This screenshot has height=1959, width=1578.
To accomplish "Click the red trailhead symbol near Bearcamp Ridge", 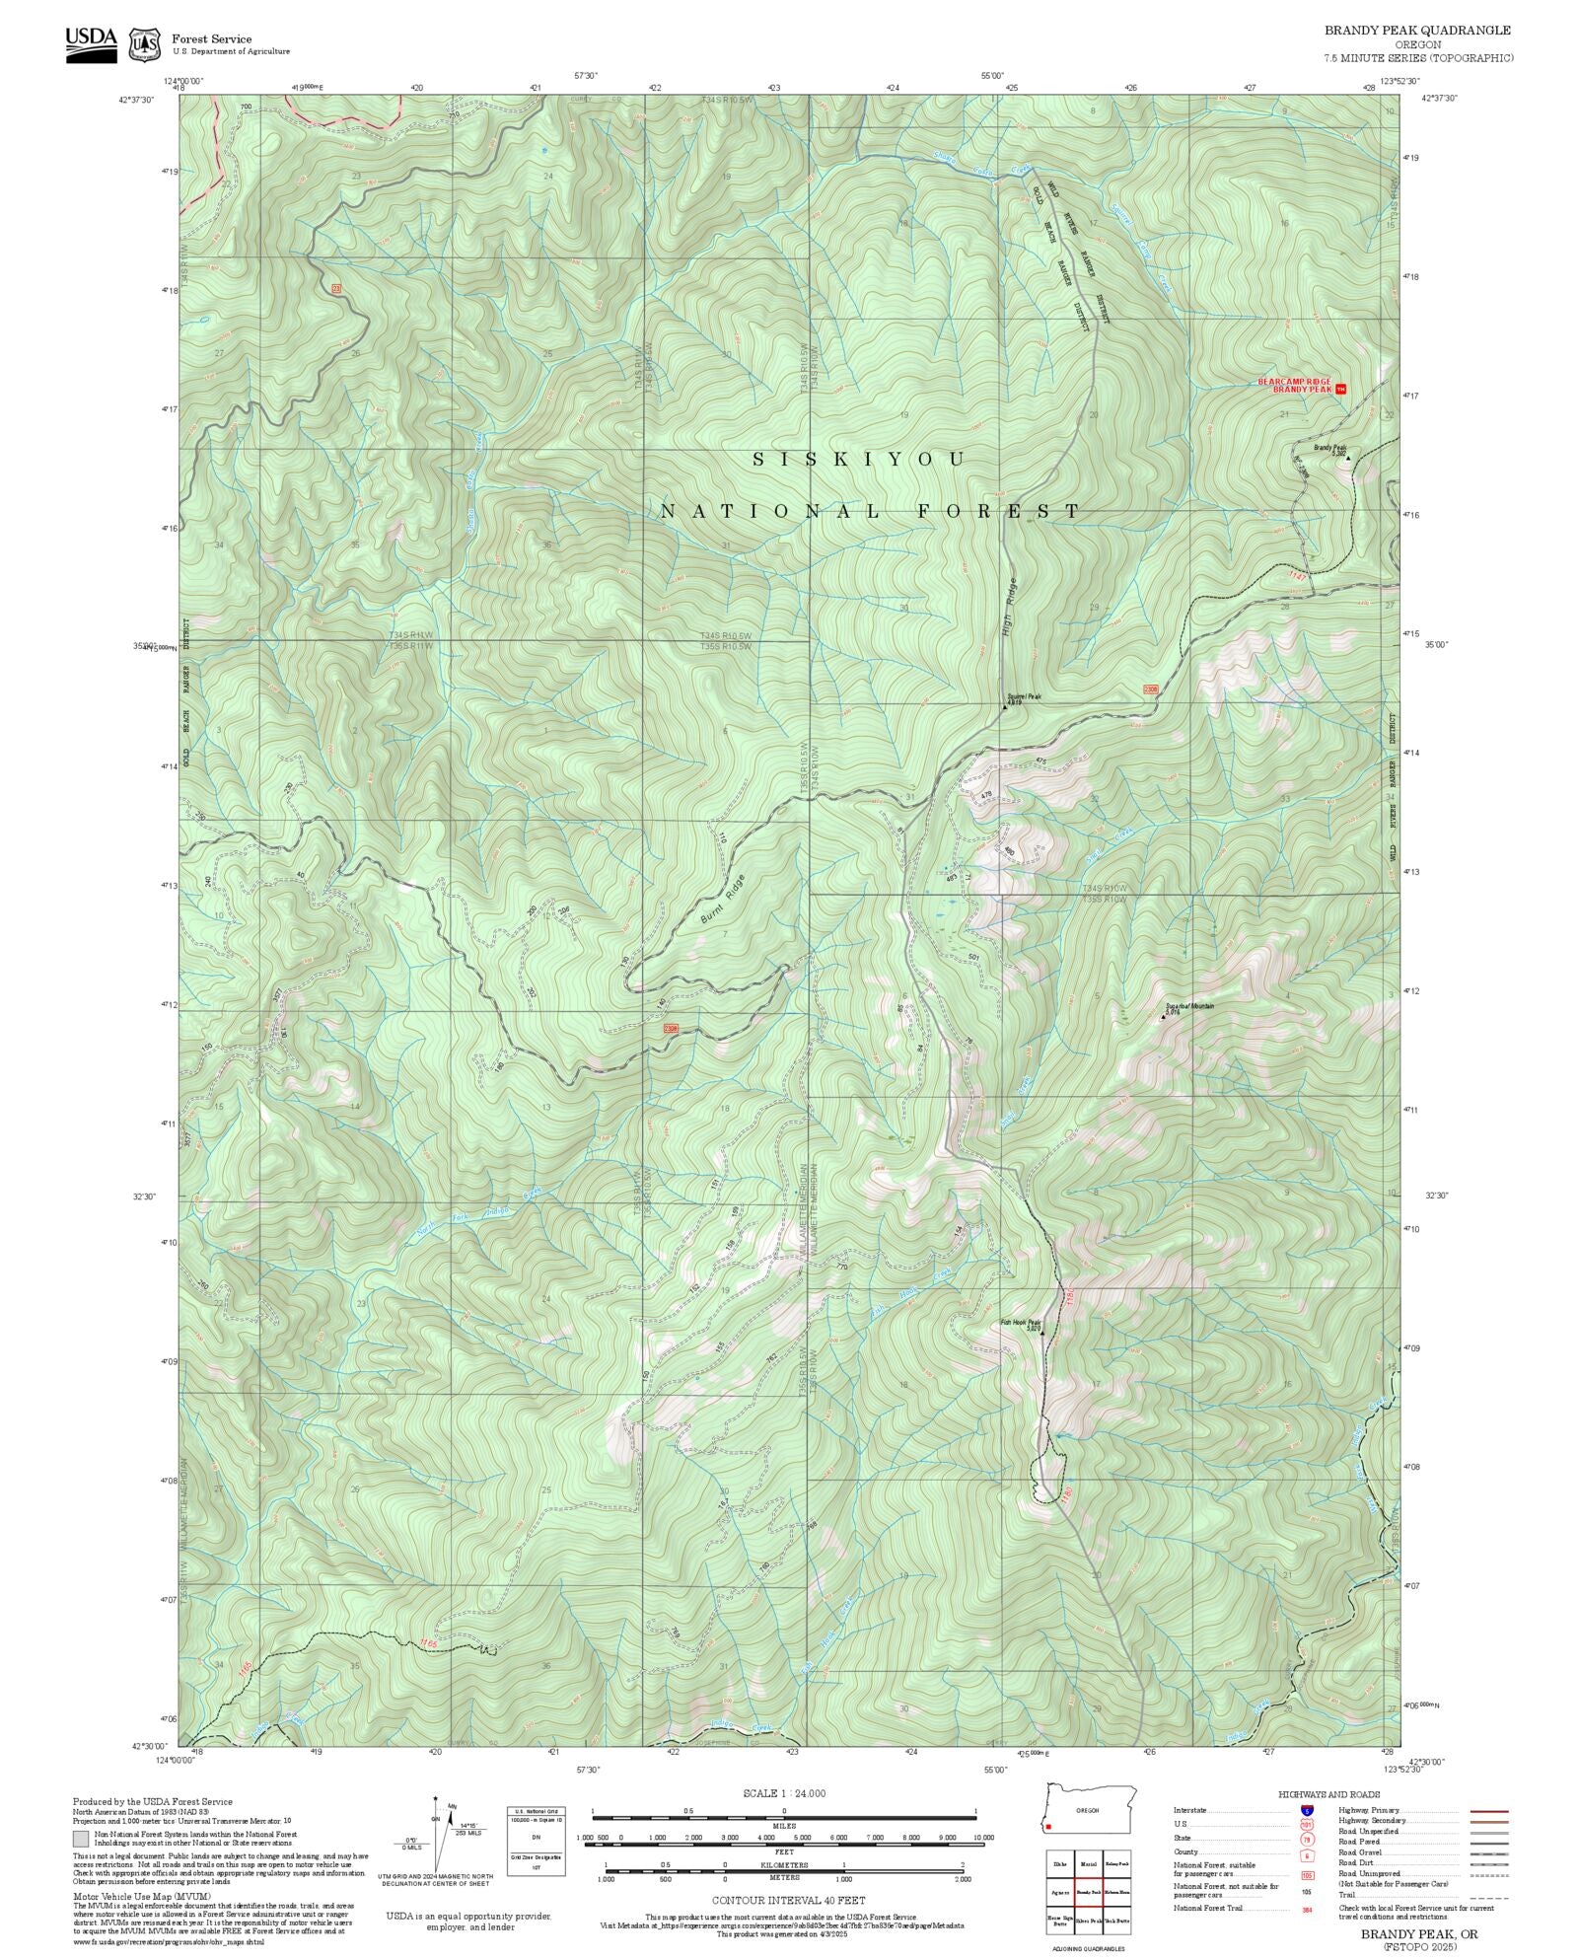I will point(1339,389).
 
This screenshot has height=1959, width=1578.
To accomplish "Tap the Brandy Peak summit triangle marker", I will point(1347,458).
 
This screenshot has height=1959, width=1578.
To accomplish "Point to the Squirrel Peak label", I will point(1024,696).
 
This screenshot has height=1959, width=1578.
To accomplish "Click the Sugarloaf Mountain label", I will point(1188,1006).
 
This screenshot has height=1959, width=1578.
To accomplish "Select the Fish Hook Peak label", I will point(1020,1323).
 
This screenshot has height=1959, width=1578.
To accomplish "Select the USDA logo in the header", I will point(91,42).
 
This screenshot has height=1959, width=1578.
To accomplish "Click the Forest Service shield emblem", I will point(146,44).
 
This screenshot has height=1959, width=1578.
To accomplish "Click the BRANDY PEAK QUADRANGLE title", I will point(1417,30).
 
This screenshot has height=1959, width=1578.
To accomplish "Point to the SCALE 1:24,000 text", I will point(784,1793).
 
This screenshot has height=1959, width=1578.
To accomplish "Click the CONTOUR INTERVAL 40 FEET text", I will point(788,1899).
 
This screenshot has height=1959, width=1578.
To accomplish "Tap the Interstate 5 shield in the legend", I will point(1307,1811).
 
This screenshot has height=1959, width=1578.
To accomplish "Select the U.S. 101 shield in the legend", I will point(1307,1824).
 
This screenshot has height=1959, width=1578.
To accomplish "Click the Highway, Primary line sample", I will point(1488,1811).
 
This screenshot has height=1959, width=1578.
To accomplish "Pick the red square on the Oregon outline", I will point(1049,1826).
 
